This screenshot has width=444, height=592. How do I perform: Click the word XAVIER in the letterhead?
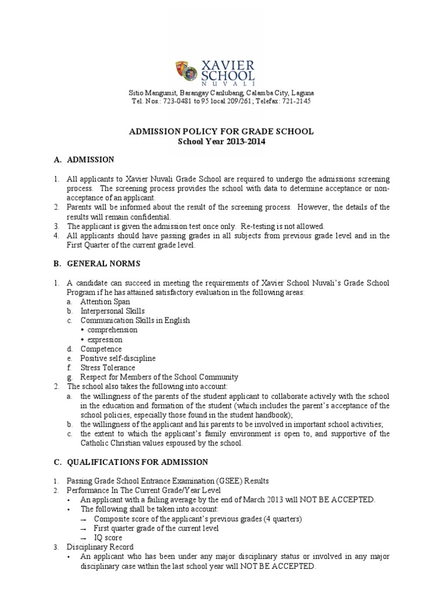click(x=227, y=65)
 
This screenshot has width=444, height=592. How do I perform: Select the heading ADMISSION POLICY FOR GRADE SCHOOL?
click(x=221, y=132)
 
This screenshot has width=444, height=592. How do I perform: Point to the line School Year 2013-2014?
click(x=221, y=142)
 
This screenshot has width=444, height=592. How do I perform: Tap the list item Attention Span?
click(x=105, y=301)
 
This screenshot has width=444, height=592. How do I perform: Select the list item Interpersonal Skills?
click(x=112, y=311)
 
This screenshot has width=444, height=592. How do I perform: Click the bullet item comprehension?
click(x=113, y=330)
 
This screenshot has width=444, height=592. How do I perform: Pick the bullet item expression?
click(x=105, y=339)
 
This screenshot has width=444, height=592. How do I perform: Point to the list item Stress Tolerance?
click(x=108, y=368)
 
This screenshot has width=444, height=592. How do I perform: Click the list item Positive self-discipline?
click(x=118, y=358)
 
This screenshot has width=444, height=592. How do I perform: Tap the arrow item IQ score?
click(x=109, y=538)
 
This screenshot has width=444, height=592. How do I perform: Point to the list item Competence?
click(x=101, y=349)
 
